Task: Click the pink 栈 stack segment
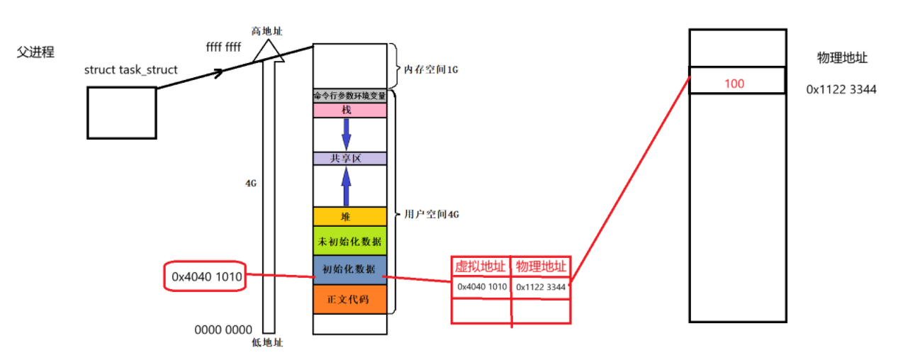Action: (349, 111)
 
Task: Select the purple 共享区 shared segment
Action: (349, 158)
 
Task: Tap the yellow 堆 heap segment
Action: (349, 217)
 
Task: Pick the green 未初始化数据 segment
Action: (349, 241)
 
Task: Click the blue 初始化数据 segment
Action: (349, 269)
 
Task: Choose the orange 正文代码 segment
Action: (349, 300)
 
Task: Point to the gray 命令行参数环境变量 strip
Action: (349, 96)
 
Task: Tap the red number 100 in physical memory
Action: (734, 84)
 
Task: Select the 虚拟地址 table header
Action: (481, 266)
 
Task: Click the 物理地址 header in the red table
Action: (540, 266)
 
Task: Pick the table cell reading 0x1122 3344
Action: (540, 287)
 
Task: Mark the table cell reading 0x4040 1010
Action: (481, 287)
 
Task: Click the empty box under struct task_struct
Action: (121, 112)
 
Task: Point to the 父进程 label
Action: (35, 52)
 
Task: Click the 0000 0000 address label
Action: (223, 330)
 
